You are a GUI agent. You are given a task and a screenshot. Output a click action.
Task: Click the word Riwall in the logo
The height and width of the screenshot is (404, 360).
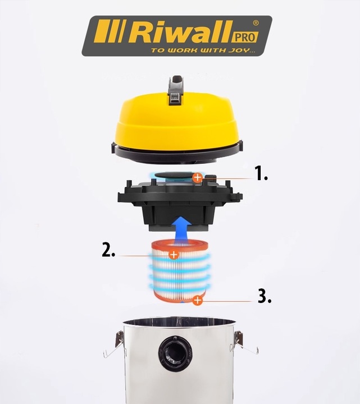181,32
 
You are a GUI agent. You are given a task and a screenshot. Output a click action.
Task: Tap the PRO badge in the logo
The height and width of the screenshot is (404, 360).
245,37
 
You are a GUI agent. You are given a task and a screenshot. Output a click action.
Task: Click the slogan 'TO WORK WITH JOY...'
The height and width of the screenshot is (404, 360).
203,50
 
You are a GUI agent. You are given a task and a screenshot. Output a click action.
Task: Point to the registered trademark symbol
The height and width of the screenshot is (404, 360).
256,23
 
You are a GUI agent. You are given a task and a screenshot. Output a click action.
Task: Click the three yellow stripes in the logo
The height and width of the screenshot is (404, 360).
110,31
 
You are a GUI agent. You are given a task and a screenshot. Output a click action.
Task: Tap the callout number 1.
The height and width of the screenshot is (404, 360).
261,173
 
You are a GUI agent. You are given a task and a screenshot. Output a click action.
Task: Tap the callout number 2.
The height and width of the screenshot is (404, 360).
108,250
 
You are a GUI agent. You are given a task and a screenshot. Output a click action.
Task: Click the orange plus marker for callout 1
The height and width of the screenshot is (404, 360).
198,177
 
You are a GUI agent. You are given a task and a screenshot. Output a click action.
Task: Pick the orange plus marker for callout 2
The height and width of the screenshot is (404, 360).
174,255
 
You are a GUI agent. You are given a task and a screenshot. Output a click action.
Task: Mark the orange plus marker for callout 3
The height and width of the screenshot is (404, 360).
198,300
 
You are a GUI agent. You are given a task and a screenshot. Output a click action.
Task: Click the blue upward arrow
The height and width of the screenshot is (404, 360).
182,230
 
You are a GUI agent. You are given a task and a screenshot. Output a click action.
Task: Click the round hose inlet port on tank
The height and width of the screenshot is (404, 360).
175,353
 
